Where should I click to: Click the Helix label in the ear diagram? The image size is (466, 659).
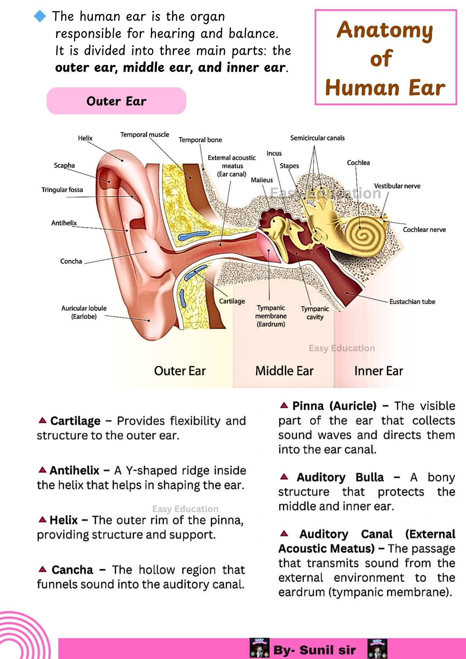85,138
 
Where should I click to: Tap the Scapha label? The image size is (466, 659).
64,165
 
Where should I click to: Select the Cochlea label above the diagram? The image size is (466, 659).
358,163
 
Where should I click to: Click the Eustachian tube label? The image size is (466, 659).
412,301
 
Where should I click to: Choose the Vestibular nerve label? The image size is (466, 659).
397,186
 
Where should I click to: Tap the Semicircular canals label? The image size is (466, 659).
317,138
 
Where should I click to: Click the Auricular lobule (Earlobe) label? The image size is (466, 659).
84,312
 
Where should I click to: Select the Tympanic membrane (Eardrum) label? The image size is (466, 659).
271,316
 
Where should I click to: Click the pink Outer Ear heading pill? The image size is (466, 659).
116,101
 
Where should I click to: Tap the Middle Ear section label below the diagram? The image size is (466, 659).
284,371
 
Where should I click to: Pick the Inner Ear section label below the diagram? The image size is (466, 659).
379,371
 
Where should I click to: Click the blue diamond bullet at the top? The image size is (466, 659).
40,16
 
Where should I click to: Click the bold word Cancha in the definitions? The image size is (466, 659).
73,570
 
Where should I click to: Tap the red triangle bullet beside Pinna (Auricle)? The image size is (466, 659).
284,405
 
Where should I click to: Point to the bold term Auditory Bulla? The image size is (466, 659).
340,477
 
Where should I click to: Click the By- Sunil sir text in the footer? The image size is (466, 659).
314,650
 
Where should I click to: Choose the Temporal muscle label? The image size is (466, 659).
144,134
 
